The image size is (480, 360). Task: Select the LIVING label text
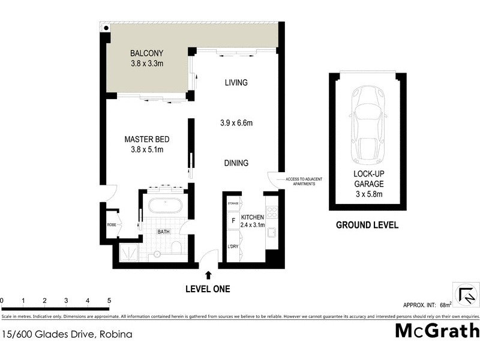(x=236, y=83)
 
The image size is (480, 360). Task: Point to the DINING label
(x=236, y=163)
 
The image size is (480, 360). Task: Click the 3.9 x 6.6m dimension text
(x=236, y=124)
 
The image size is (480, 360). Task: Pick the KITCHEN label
(x=253, y=217)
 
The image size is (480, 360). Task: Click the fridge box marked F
(x=232, y=220)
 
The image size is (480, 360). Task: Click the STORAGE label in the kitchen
(x=233, y=204)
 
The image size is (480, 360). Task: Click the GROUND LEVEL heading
(x=367, y=226)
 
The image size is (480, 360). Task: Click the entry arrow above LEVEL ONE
(x=208, y=275)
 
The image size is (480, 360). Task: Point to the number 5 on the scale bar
(x=109, y=300)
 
